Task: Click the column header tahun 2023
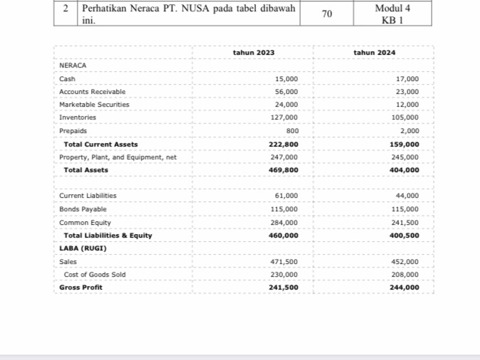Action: pos(253,53)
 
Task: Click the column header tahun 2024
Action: pos(374,53)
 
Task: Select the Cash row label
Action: pos(68,79)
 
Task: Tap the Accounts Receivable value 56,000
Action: pos(287,92)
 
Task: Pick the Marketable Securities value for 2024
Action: pos(407,105)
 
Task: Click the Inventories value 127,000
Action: pos(285,117)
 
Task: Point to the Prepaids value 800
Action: pos(292,131)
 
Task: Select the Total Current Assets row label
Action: pos(100,144)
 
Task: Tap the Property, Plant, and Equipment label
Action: pos(117,157)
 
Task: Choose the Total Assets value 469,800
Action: pos(284,170)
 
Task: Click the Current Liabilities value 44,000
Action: pos(407,196)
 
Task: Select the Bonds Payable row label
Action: pos(82,209)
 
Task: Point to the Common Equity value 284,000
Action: pos(285,222)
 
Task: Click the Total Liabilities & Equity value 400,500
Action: pos(405,235)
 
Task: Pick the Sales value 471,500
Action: pos(285,262)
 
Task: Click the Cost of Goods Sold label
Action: pos(95,275)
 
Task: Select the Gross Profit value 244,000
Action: pos(405,287)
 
